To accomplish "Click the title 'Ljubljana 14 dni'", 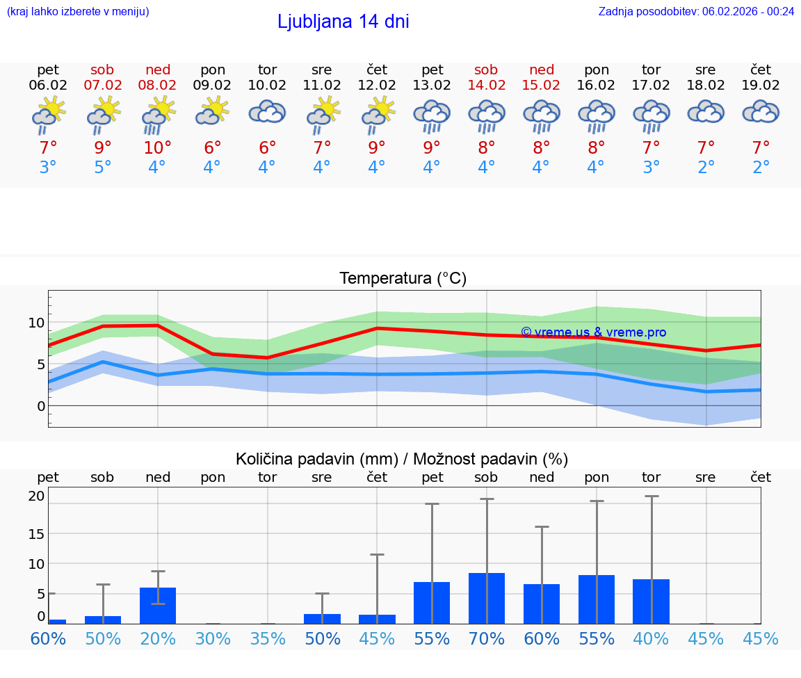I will point(343,22).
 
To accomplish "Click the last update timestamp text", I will point(696,11).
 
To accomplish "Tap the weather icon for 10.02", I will point(268,113).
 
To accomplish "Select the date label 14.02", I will point(486,86).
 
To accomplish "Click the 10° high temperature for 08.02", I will point(158,148).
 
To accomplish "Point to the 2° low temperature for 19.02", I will point(761,168).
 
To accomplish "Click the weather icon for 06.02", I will point(48,115).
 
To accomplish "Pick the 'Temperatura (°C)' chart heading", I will point(403,279).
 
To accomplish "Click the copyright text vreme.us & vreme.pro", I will point(593,332).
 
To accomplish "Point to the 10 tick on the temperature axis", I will point(36,323).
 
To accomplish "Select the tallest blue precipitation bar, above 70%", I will point(486,598).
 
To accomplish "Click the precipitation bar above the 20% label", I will point(158,606).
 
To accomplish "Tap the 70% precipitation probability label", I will point(486,638).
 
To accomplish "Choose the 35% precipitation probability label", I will point(268,638).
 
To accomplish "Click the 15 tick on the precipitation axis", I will point(36,533).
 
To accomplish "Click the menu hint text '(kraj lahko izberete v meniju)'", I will point(78,11).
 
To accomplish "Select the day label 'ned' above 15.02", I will point(541,70).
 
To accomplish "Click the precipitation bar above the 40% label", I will point(651,602).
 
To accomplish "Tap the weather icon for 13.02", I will point(432,115).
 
